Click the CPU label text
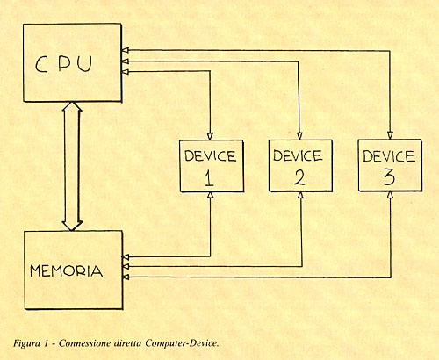[x=63, y=64]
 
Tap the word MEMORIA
[x=67, y=271]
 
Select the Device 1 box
[x=212, y=166]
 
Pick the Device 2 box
[x=300, y=166]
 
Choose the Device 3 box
[x=390, y=166]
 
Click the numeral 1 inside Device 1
[x=209, y=178]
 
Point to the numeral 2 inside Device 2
[x=299, y=177]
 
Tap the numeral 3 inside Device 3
[x=389, y=177]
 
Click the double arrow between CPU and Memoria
[x=72, y=166]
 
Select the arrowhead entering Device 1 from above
[x=210, y=136]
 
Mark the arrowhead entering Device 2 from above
[x=299, y=136]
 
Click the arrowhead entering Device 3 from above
[x=390, y=135]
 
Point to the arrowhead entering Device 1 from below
[x=210, y=196]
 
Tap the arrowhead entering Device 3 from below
[x=390, y=196]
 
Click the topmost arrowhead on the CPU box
[x=126, y=51]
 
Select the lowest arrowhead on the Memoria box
[x=126, y=277]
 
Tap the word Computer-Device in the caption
[x=182, y=343]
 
